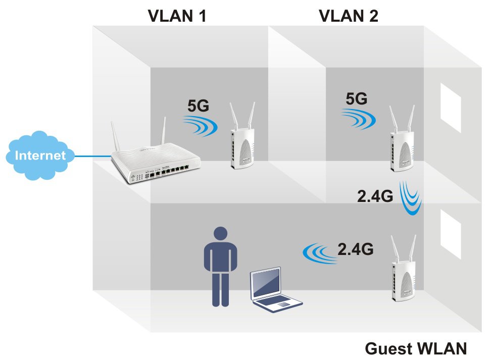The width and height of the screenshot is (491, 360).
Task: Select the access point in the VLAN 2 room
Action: pos(402,146)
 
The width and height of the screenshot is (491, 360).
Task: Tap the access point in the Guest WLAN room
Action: pos(403,275)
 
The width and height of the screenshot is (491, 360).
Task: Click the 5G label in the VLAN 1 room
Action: pos(198,106)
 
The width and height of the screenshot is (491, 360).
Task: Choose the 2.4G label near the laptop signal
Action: pos(356,249)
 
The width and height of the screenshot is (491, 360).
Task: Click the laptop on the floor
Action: pos(273,290)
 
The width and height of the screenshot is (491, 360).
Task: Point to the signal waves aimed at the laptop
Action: pos(319,252)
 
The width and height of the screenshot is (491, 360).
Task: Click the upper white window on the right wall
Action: pos(451,109)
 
